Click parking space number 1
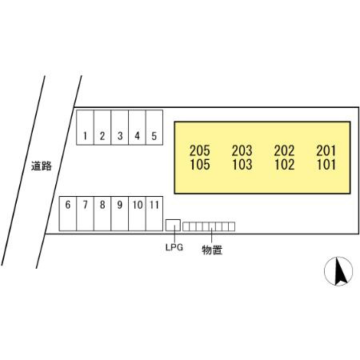point(85,127)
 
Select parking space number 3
point(120,127)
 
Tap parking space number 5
point(154,127)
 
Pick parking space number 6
point(68,214)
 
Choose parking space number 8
point(102,214)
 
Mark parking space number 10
point(137,214)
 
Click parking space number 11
point(154,214)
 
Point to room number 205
point(200,150)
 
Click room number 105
point(200,164)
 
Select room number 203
point(242,150)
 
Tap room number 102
point(284,164)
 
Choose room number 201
point(326,150)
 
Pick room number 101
point(326,164)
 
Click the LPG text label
point(174,247)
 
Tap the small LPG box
point(173,226)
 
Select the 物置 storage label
point(212,250)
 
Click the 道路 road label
point(42,166)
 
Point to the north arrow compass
point(338,271)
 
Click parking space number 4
point(137,127)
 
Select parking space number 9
point(120,214)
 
